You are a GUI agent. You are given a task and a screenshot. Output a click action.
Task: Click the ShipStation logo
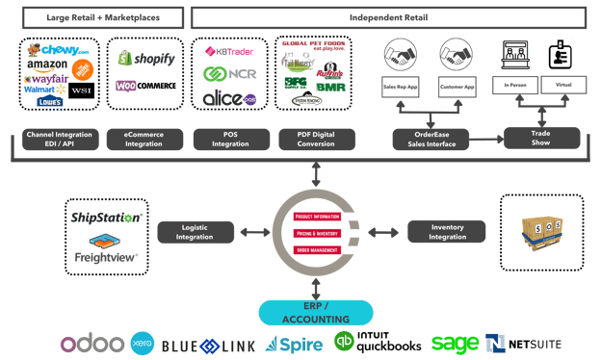tap(107, 217)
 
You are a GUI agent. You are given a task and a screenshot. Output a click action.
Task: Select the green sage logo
tap(456, 343)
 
